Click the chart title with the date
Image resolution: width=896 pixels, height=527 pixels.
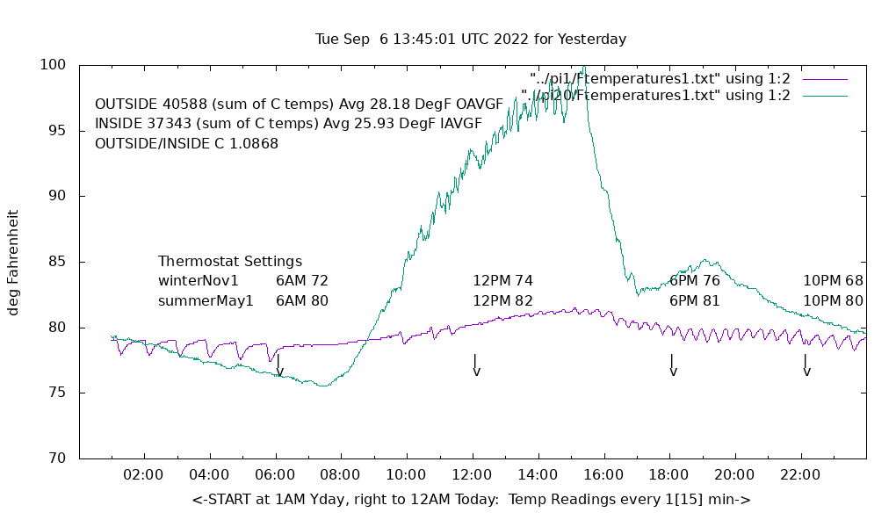pyautogui.click(x=471, y=40)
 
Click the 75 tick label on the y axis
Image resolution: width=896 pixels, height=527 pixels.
pyautogui.click(x=57, y=393)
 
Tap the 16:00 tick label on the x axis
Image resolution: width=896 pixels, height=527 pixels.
pyautogui.click(x=603, y=475)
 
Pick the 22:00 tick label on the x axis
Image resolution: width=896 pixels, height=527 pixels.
pyautogui.click(x=800, y=475)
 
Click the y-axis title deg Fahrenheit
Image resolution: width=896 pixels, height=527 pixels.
pyautogui.click(x=13, y=263)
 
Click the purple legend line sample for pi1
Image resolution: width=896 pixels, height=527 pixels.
pyautogui.click(x=824, y=79)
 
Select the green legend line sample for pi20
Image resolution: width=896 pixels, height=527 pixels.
pyautogui.click(x=824, y=96)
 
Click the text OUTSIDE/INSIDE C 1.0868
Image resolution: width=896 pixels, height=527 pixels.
pyautogui.click(x=186, y=143)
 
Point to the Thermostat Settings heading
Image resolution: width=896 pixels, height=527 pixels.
pyautogui.click(x=230, y=262)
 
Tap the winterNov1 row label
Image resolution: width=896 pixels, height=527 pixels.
pyautogui.click(x=199, y=281)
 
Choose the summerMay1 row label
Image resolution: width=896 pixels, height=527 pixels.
pyautogui.click(x=206, y=301)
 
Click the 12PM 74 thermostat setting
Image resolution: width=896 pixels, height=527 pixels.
pyautogui.click(x=502, y=281)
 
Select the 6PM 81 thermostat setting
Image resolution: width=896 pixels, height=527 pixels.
pyautogui.click(x=694, y=301)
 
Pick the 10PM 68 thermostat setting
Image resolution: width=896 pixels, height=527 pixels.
pyautogui.click(x=833, y=281)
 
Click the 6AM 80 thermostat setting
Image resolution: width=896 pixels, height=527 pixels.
pyautogui.click(x=301, y=301)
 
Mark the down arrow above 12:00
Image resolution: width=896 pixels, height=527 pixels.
pyautogui.click(x=475, y=365)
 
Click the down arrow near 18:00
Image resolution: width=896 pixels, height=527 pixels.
pyautogui.click(x=672, y=365)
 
